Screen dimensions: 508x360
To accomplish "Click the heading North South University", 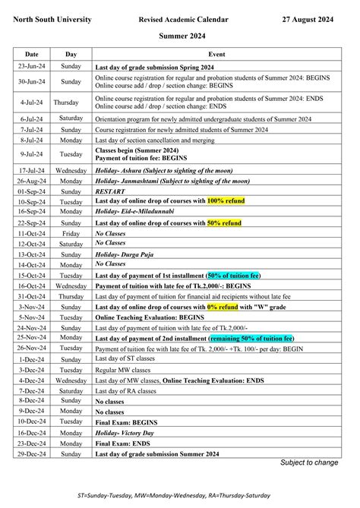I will tap(52, 18).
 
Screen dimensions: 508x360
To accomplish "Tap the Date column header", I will tap(32, 55).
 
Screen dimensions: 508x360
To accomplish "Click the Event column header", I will tap(216, 55).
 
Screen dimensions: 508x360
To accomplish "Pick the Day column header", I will tap(71, 55).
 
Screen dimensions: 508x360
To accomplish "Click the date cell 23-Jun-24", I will tap(32, 67).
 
